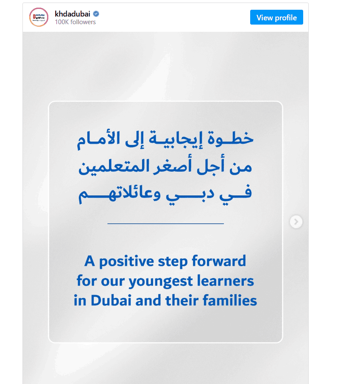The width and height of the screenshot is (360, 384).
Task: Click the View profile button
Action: tap(276, 17)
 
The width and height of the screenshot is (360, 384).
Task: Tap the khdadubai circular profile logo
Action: tap(39, 17)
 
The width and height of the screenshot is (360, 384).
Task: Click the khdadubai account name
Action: tap(73, 14)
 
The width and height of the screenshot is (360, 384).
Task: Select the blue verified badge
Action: tap(96, 14)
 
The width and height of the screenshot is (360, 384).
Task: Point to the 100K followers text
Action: tap(75, 22)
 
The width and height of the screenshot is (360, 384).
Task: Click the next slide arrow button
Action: tap(296, 222)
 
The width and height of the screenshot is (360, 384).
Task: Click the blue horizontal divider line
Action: tap(166, 224)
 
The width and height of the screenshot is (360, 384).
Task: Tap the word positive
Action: tap(126, 262)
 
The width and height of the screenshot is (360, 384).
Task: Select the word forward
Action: tap(219, 261)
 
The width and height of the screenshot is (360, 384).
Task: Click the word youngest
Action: tap(161, 281)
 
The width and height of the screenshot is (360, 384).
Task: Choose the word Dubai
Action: tap(111, 300)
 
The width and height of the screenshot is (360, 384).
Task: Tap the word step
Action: tap(173, 262)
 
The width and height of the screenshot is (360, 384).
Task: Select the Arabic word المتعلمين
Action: tap(114, 166)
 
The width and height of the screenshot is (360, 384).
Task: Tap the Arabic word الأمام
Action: tap(98, 140)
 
